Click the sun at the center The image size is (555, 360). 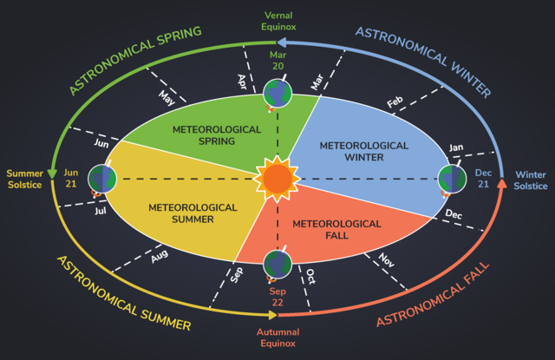[x=277, y=179]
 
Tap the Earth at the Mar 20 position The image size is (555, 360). [x=277, y=94]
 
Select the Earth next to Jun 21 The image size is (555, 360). [x=102, y=179]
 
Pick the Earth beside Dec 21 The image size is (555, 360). [x=453, y=179]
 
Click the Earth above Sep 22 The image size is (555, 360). [x=277, y=264]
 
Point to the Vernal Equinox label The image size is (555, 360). [x=278, y=21]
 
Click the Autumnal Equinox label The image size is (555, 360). [x=277, y=337]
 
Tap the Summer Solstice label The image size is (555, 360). [x=25, y=179]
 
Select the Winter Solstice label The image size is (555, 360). [x=531, y=180]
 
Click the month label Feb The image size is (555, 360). [x=395, y=102]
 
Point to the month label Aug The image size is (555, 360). [x=160, y=256]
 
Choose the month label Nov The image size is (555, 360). [x=386, y=260]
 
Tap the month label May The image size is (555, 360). [x=166, y=98]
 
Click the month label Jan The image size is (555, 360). [x=456, y=147]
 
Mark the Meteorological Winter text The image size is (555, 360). [x=364, y=151]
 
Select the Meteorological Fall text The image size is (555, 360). [x=336, y=229]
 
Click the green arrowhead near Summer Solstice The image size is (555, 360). [x=52, y=173]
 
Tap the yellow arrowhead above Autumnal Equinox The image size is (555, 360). [x=273, y=315]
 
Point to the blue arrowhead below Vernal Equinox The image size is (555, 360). [x=282, y=43]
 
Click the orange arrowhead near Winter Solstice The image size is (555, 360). [x=501, y=183]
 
